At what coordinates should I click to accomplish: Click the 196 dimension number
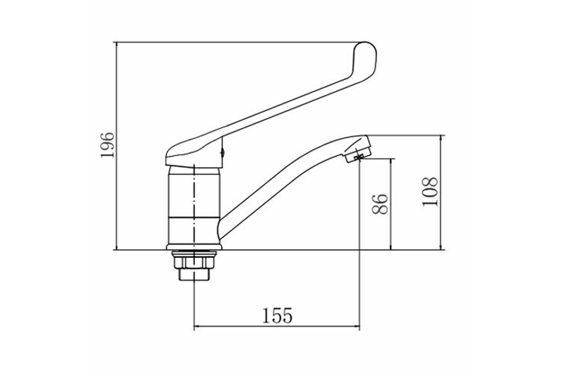(107, 145)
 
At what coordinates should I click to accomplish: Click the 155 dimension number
(277, 315)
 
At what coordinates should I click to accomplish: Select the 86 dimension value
(380, 204)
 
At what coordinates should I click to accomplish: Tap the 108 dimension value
(430, 192)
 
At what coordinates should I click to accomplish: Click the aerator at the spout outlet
(359, 155)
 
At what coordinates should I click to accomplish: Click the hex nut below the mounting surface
(194, 262)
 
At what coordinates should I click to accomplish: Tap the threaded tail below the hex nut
(194, 275)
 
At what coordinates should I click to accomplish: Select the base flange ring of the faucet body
(194, 247)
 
